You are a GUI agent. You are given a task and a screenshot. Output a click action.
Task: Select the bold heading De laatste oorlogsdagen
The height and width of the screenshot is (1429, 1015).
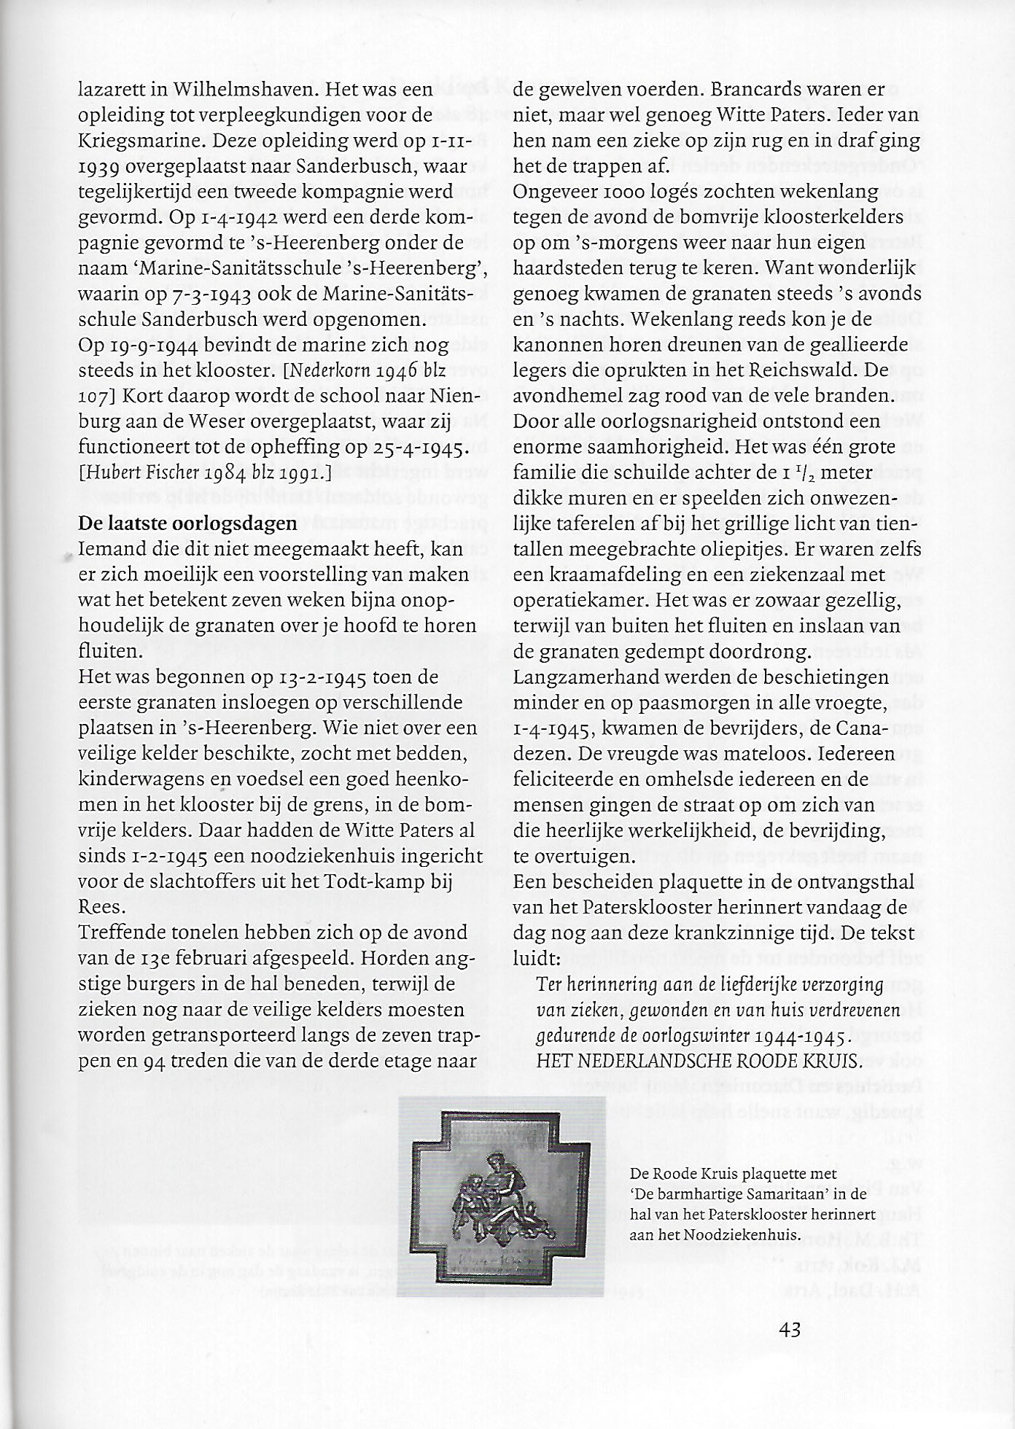coord(187,523)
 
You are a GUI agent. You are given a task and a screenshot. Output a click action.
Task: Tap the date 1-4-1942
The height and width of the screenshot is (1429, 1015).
coord(207,218)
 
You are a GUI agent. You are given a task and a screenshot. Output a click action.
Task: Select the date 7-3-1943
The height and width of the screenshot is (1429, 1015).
coord(206,295)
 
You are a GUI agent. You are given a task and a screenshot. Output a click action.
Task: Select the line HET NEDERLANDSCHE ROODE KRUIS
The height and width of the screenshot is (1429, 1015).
coord(699,1061)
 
